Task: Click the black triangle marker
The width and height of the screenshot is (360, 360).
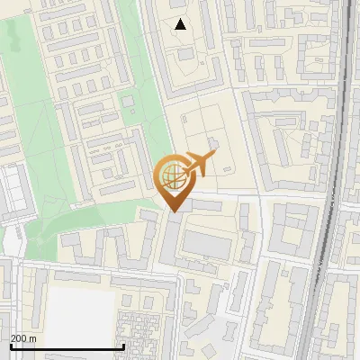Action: (x=181, y=24)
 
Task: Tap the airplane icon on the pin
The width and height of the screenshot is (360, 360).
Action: (x=200, y=164)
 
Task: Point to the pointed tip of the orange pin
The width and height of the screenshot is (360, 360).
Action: (x=173, y=211)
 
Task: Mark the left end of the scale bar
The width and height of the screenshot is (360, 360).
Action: (x=10, y=346)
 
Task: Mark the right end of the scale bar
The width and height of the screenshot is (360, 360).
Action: (x=123, y=346)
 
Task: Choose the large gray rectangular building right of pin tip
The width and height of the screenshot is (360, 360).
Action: (x=209, y=245)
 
